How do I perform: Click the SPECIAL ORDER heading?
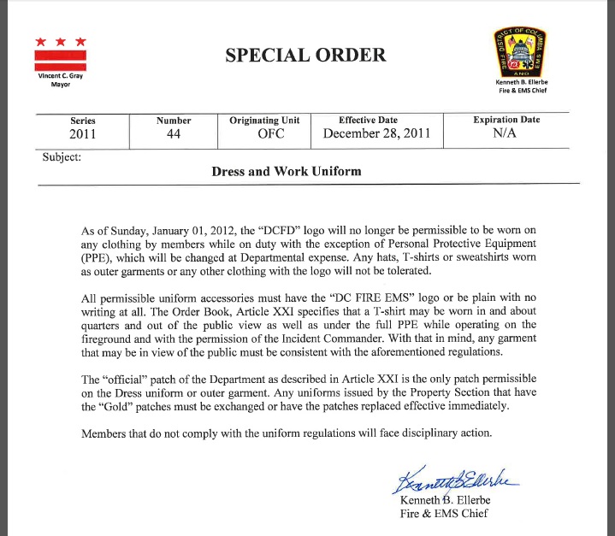tap(305, 56)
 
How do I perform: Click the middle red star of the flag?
tap(60, 41)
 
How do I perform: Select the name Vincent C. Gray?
tap(59, 77)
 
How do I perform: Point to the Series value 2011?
tap(82, 134)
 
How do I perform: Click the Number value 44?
tap(174, 134)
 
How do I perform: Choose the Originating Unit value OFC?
tap(264, 134)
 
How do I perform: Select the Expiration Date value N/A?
tap(506, 134)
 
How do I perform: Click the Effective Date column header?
tap(370, 121)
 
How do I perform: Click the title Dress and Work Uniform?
tap(286, 171)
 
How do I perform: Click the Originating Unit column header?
tap(264, 121)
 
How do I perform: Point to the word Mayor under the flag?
tap(60, 85)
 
